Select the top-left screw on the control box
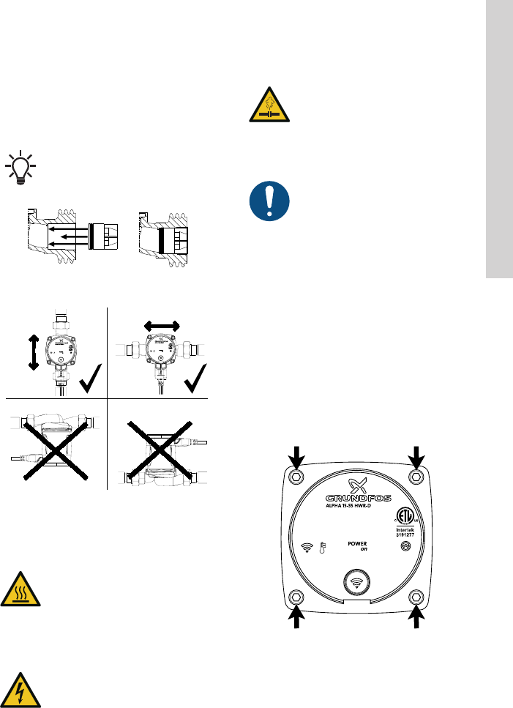(296, 477)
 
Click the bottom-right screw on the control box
(416, 595)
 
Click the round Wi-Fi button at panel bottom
(356, 585)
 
